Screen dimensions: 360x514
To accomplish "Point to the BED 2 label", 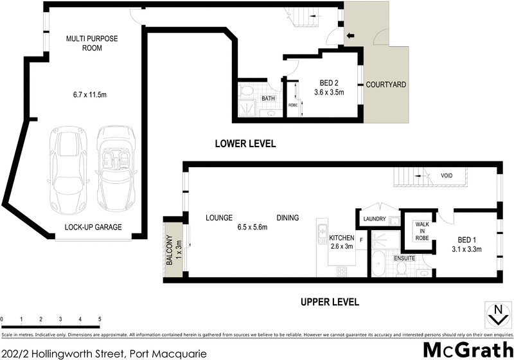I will click(328, 82).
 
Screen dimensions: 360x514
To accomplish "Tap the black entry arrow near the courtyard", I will click(350, 35).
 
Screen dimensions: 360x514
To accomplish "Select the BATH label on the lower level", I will click(269, 98).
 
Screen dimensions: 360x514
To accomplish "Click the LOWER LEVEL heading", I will click(245, 144).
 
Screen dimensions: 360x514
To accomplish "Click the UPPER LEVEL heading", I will click(328, 301).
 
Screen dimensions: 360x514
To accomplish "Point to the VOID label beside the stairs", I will click(446, 175).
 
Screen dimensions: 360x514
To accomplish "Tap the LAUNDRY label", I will click(375, 219).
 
